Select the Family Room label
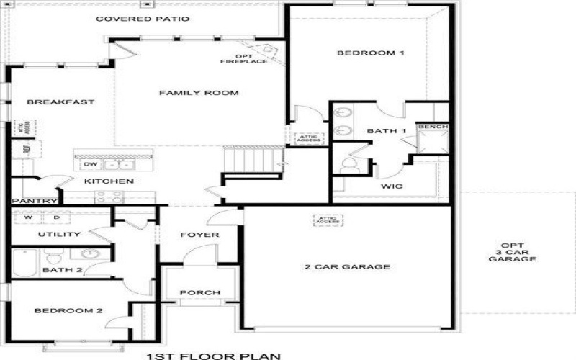(199, 93)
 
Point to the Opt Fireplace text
(243, 58)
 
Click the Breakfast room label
(50, 102)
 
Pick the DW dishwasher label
(90, 164)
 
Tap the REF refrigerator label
(27, 150)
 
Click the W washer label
(28, 217)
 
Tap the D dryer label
(56, 217)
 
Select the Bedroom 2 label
(69, 311)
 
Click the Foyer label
(199, 235)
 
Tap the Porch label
(199, 292)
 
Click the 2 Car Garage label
(347, 267)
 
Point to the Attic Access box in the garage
(327, 220)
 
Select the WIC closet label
(392, 186)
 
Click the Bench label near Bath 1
(433, 127)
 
